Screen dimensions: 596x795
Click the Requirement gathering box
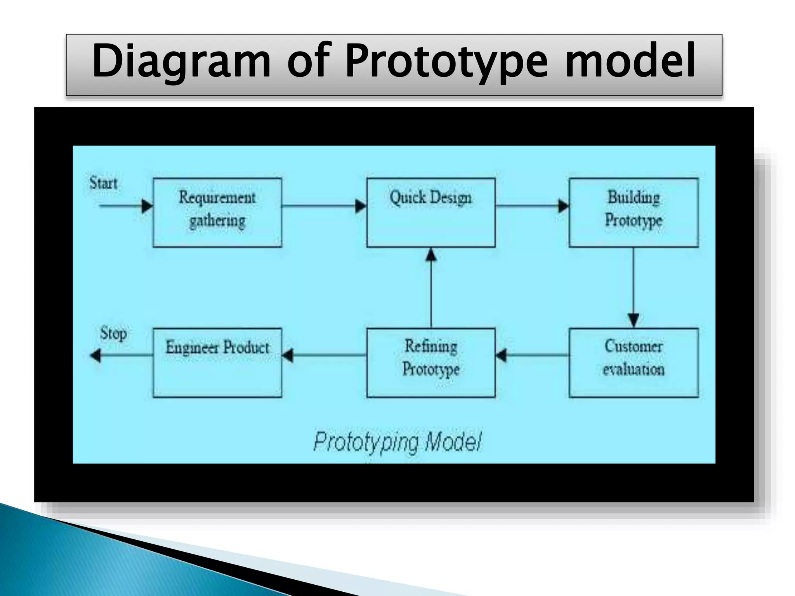(x=217, y=212)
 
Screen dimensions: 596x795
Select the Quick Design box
(x=430, y=212)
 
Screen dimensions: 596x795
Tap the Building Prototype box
(x=633, y=212)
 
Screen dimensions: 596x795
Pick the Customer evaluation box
(x=633, y=362)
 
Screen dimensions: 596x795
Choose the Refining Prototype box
(x=430, y=362)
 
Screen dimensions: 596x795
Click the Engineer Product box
(x=217, y=362)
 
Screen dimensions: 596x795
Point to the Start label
(x=103, y=183)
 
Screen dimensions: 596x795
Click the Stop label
(x=113, y=333)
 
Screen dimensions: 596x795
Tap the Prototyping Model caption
(x=397, y=442)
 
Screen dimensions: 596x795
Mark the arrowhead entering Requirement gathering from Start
(x=147, y=206)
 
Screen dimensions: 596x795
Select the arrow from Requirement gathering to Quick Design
(x=324, y=206)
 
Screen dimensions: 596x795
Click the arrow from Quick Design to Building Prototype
(x=532, y=206)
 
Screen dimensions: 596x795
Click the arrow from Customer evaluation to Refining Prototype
(x=532, y=355)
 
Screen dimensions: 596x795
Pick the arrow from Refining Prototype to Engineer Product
(x=324, y=355)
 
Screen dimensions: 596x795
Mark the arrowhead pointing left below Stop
(x=95, y=355)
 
